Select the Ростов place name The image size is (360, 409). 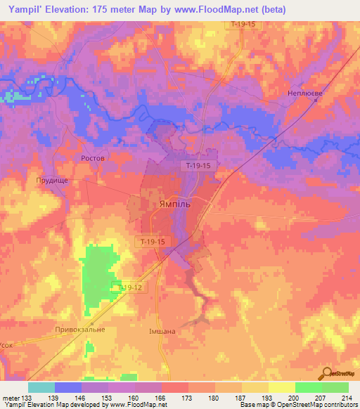pyautogui.click(x=93, y=159)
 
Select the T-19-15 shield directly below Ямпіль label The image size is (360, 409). pyautogui.click(x=151, y=242)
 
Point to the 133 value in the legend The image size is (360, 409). pyautogui.click(x=27, y=398)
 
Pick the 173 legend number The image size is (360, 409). pyautogui.click(x=188, y=398)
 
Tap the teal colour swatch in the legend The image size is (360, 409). pyautogui.click(x=41, y=387)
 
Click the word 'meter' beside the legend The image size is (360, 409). pyautogui.click(x=11, y=398)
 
